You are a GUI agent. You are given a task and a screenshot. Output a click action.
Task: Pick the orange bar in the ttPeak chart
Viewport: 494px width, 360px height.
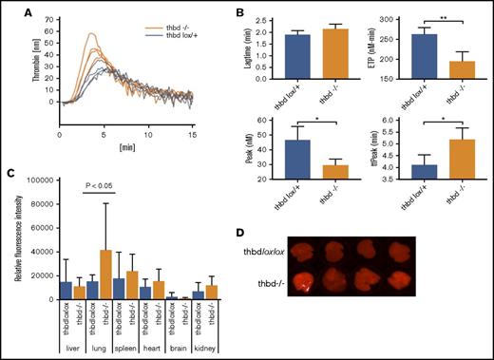click(x=435, y=161)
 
